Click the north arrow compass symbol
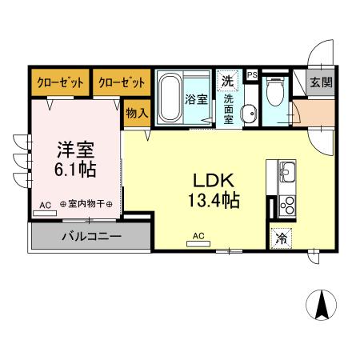(322, 305)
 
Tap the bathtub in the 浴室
(170, 97)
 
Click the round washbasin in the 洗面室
(249, 114)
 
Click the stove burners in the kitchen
(287, 206)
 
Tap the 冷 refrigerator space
(281, 238)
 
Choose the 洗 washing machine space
(227, 81)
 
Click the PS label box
(252, 75)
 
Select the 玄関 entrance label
(321, 82)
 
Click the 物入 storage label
(137, 113)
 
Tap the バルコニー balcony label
(92, 236)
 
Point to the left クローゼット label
(61, 82)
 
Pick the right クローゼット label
(122, 82)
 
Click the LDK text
(214, 180)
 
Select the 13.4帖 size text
(214, 200)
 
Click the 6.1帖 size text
(75, 170)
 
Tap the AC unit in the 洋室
(45, 213)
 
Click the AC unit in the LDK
(198, 244)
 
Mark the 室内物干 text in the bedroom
(86, 204)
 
